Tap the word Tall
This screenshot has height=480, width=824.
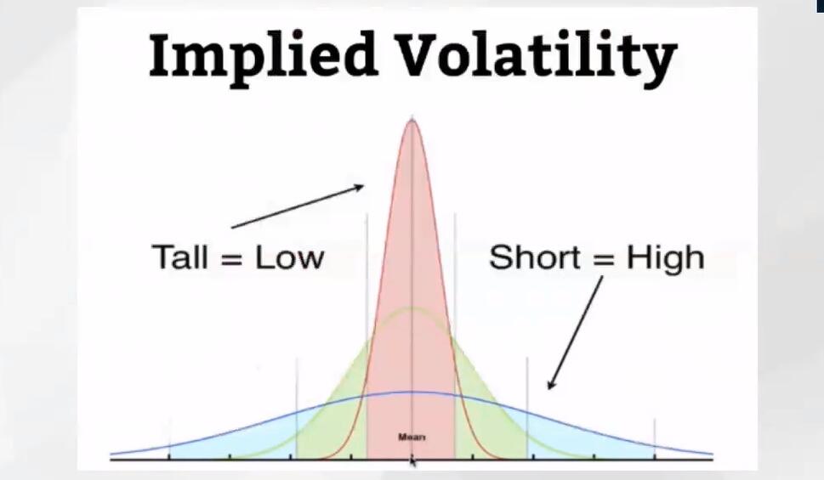(x=180, y=257)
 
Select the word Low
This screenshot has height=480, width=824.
(x=290, y=257)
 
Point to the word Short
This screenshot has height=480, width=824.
(x=534, y=257)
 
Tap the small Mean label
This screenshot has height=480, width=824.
(x=412, y=437)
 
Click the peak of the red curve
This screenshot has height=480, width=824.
(x=412, y=121)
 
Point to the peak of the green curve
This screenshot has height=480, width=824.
(x=412, y=308)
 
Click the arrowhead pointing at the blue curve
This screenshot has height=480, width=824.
(x=551, y=384)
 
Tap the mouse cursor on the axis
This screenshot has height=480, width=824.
(x=413, y=461)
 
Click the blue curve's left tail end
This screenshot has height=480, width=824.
(x=111, y=453)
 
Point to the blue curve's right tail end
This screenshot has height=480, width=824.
(x=712, y=453)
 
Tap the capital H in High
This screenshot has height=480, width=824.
(x=637, y=257)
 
